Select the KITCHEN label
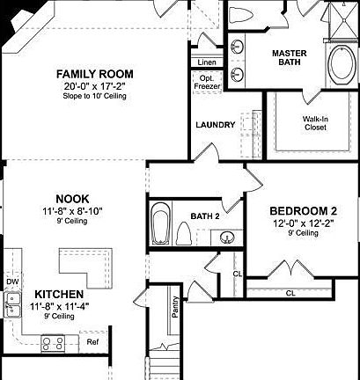pos(59,294)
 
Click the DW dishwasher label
pos(11,281)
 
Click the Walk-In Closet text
pos(314,122)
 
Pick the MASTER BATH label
pos(288,58)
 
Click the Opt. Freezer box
pos(206,82)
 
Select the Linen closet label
pos(206,62)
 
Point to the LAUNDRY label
pos(216,125)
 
